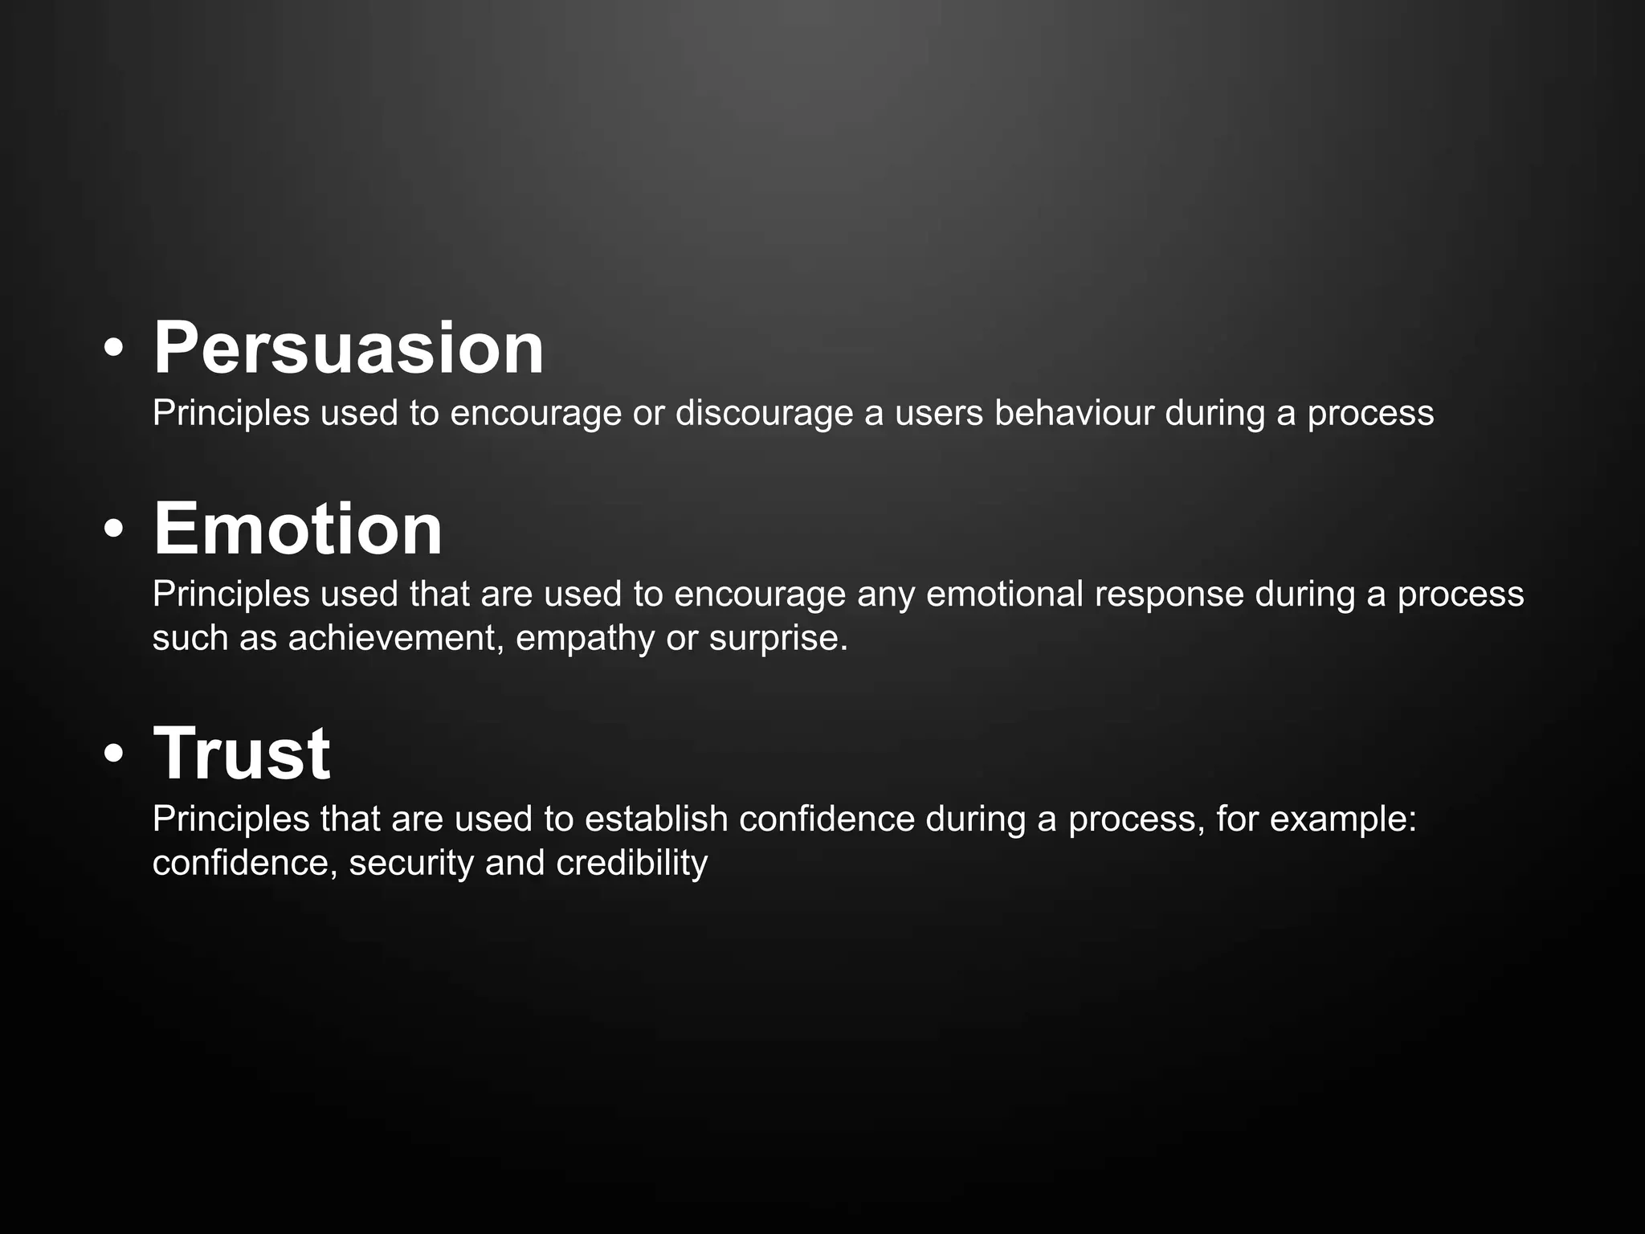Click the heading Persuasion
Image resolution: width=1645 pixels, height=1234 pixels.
point(349,349)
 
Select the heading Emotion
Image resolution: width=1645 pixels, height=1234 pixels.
point(297,529)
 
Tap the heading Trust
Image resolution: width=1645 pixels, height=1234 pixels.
point(241,754)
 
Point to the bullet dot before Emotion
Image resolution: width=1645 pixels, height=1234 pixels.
point(114,530)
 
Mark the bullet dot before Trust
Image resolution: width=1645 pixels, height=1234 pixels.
point(114,755)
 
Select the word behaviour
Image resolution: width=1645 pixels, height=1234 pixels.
point(1074,413)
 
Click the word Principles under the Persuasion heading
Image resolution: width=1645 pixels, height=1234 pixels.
point(231,414)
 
